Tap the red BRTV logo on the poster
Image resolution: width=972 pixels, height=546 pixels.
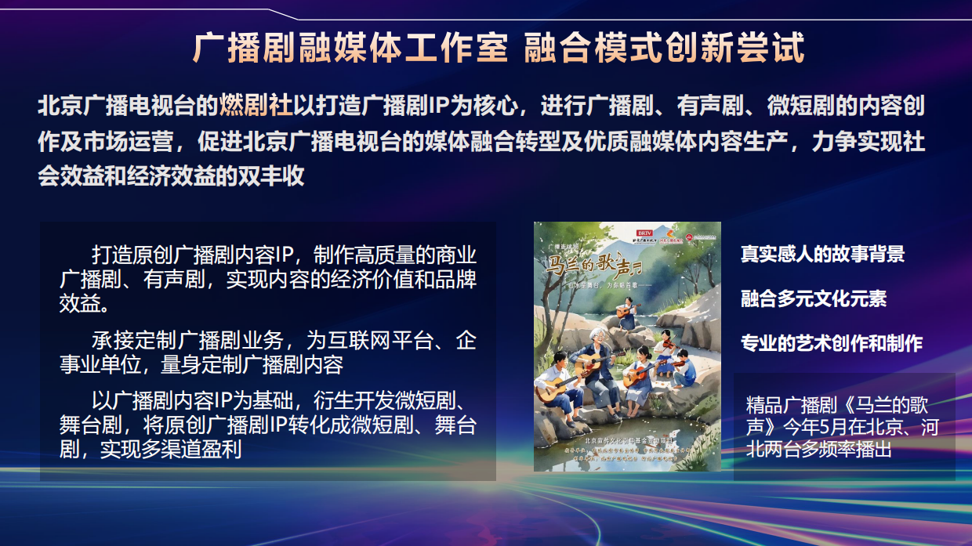[x=644, y=233]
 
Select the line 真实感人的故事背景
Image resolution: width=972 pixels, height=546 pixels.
[x=822, y=254]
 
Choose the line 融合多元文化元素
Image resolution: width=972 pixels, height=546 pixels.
[x=814, y=298]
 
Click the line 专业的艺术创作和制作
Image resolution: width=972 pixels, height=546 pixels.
[x=832, y=343]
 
